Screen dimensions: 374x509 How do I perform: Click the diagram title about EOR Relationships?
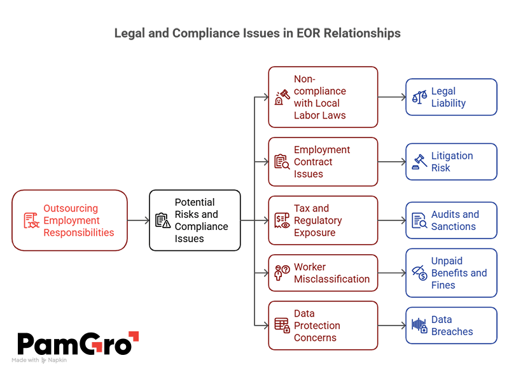click(x=257, y=32)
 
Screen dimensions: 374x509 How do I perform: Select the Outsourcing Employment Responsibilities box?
click(x=70, y=220)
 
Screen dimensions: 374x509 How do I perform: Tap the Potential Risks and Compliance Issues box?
click(x=195, y=220)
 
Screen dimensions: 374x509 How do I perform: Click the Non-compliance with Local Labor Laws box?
click(x=323, y=97)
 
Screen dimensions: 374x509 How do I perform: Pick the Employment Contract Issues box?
click(x=323, y=162)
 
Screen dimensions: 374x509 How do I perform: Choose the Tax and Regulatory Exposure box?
click(x=323, y=220)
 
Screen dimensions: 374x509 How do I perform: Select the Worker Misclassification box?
click(x=323, y=273)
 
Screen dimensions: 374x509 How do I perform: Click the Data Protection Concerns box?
click(x=323, y=326)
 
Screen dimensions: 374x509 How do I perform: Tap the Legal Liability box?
click(x=451, y=97)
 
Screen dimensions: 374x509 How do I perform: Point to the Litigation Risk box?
click(x=451, y=162)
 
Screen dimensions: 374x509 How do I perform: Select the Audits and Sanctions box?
click(x=451, y=220)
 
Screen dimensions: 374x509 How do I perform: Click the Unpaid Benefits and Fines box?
click(x=451, y=273)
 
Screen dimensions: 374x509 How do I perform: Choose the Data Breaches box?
click(x=451, y=326)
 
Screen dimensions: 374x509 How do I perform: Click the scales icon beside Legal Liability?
click(x=419, y=97)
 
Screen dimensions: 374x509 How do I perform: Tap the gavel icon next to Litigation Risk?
click(x=419, y=162)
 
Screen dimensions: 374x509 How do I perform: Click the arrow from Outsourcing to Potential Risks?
click(x=138, y=220)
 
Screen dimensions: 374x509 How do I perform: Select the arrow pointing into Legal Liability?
click(x=391, y=97)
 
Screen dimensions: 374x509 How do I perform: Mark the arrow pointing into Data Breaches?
click(x=391, y=326)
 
